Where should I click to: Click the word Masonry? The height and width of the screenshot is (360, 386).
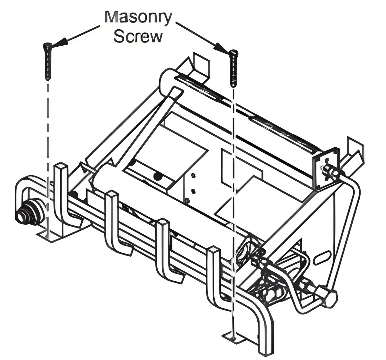pyautogui.click(x=138, y=17)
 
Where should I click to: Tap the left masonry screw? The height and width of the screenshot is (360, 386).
pyautogui.click(x=47, y=61)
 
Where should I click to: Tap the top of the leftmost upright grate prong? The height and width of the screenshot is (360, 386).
pyautogui.click(x=61, y=166)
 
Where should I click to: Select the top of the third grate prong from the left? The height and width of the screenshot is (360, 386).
pyautogui.click(x=163, y=222)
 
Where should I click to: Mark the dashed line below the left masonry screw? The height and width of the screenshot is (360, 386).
pyautogui.click(x=48, y=159)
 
